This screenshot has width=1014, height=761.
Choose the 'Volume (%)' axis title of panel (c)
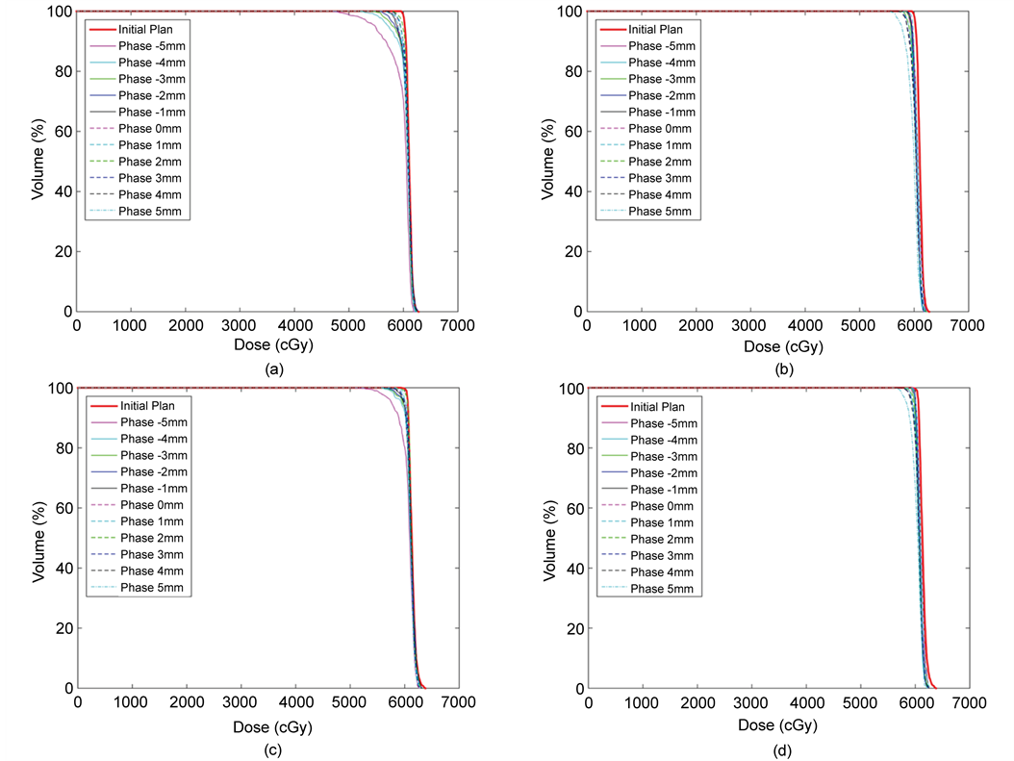point(38,539)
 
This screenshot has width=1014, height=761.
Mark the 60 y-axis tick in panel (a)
point(59,131)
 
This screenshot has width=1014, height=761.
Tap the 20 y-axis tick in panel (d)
point(570,628)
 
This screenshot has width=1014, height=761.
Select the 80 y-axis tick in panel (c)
point(59,447)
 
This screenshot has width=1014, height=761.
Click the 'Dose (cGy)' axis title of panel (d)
point(776,723)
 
